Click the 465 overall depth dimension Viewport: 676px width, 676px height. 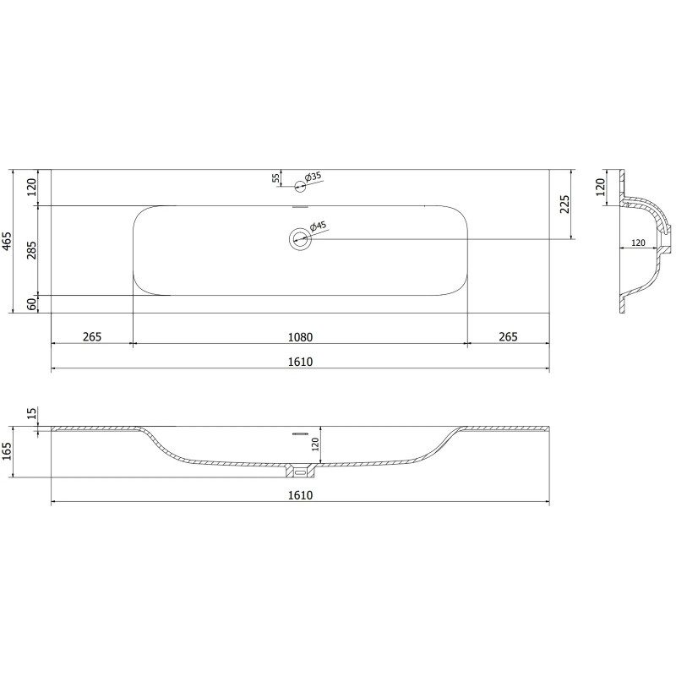pyautogui.click(x=8, y=241)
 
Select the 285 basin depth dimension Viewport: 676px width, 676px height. pyautogui.click(x=32, y=250)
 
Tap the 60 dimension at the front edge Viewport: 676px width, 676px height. pyautogui.click(x=32, y=304)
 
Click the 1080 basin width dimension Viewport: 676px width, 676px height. pyautogui.click(x=299, y=336)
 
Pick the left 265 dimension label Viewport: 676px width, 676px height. pyautogui.click(x=92, y=336)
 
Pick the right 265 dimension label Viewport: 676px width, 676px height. pyautogui.click(x=508, y=336)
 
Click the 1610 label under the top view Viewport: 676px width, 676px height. pyautogui.click(x=299, y=363)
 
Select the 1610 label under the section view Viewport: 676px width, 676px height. pyautogui.click(x=299, y=495)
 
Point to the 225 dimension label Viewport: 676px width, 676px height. pyautogui.click(x=565, y=204)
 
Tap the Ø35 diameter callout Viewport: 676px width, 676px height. pyautogui.click(x=313, y=177)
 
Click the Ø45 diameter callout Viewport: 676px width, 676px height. pyautogui.click(x=319, y=226)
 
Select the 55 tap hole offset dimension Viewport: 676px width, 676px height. pyautogui.click(x=275, y=177)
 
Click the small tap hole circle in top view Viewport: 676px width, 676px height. pyautogui.click(x=299, y=186)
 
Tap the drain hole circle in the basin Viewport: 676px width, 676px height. pyautogui.click(x=299, y=239)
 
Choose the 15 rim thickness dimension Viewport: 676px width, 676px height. pyautogui.click(x=32, y=413)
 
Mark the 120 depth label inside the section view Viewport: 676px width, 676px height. pyautogui.click(x=315, y=445)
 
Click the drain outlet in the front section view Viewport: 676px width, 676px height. pyautogui.click(x=299, y=467)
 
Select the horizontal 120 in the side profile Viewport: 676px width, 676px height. pyautogui.click(x=638, y=243)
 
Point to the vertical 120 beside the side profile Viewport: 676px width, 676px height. pyautogui.click(x=601, y=186)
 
